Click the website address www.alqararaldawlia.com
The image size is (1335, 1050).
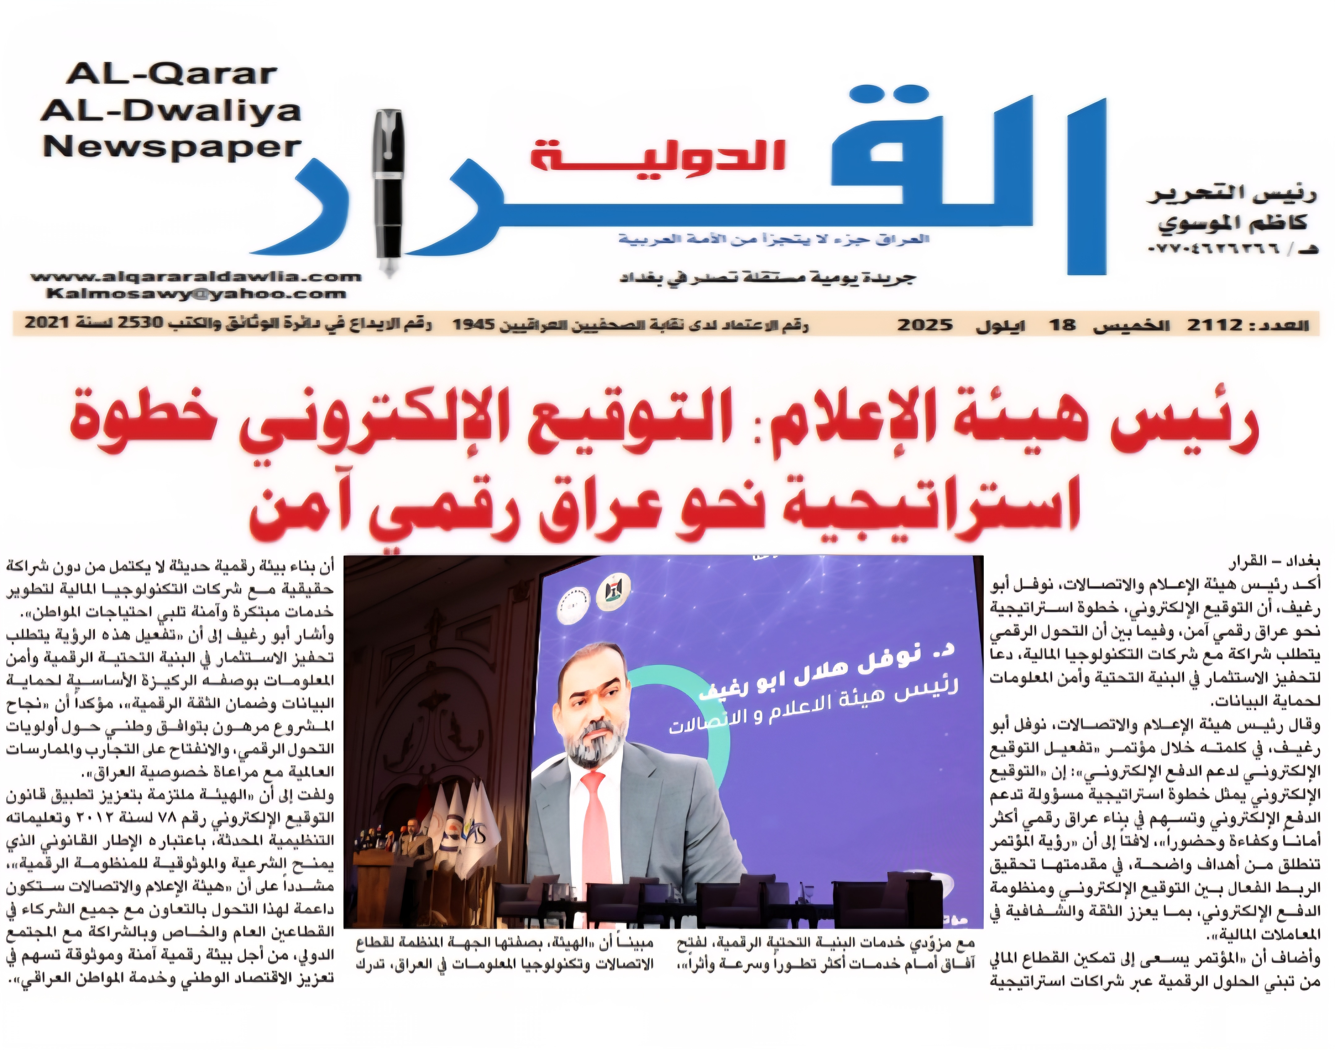click(196, 277)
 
